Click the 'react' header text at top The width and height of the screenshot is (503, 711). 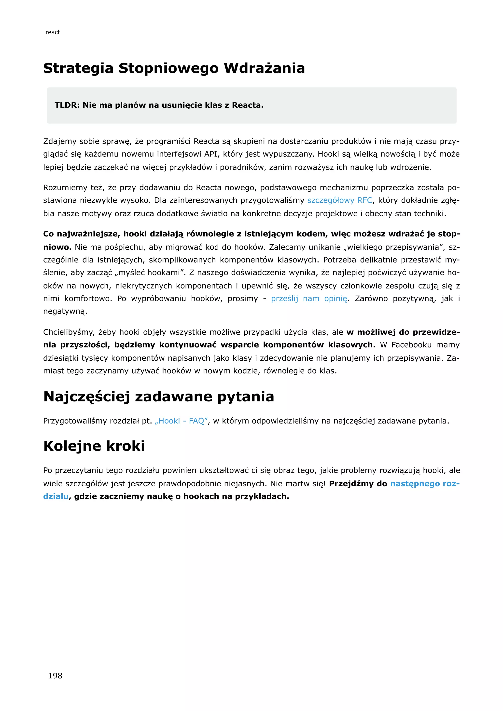point(53,32)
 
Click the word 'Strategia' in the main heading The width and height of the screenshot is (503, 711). point(78,68)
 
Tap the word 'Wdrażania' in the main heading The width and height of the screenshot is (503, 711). point(264,68)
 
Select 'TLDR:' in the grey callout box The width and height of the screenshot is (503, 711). point(67,105)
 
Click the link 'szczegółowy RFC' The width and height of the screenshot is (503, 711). point(339,200)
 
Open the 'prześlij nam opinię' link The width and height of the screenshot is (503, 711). point(309,299)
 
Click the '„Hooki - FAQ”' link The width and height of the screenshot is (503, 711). point(181,421)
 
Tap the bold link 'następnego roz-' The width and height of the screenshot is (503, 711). point(425,483)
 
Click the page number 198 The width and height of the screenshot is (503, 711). point(55,676)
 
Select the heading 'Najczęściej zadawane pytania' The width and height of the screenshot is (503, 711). point(159,397)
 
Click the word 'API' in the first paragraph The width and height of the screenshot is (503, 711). point(211,154)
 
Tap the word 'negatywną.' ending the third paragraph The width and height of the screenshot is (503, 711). point(65,311)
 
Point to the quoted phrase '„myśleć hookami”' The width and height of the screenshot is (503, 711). point(150,273)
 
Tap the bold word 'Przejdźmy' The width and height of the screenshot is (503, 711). point(351,483)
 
